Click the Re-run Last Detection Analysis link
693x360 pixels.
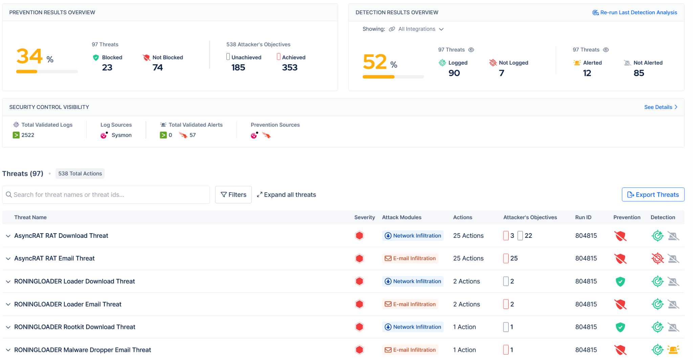click(634, 13)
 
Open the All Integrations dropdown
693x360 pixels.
click(421, 29)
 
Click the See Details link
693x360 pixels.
click(661, 107)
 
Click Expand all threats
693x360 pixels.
click(286, 195)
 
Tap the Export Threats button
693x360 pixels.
click(653, 195)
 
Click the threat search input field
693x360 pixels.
click(106, 195)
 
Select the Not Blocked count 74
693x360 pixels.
click(158, 68)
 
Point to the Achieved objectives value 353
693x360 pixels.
click(290, 68)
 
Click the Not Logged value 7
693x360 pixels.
click(501, 73)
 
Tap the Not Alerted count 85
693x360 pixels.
click(639, 73)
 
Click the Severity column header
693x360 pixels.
click(364, 217)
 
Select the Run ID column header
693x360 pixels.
click(583, 217)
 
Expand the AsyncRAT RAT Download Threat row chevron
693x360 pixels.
click(8, 236)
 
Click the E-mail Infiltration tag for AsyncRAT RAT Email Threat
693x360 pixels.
click(410, 258)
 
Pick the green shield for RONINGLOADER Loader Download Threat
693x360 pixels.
click(620, 282)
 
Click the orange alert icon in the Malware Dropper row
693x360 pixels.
click(673, 350)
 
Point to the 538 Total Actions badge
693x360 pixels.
click(80, 174)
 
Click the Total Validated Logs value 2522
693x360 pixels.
click(28, 135)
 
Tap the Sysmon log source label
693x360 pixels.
click(121, 135)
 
